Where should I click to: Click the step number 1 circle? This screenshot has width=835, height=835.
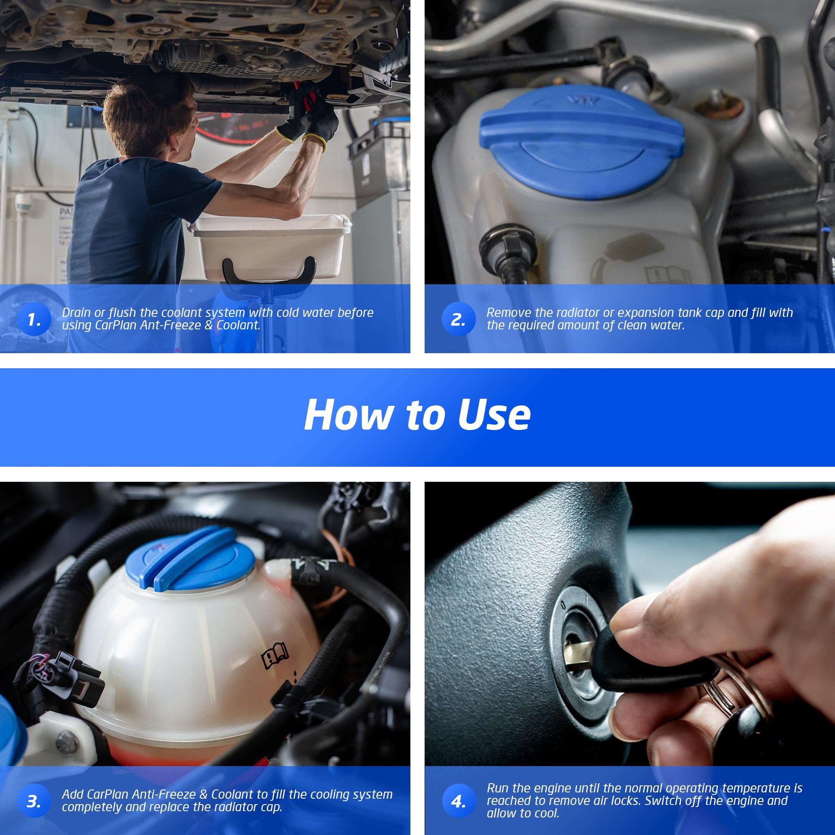click(35, 319)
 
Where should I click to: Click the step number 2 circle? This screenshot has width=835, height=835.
click(458, 319)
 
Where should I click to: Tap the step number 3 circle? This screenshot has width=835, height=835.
click(35, 801)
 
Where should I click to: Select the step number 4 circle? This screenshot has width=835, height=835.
click(458, 801)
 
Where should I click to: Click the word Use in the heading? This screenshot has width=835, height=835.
click(494, 415)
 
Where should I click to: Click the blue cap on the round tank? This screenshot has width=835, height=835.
click(190, 559)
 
